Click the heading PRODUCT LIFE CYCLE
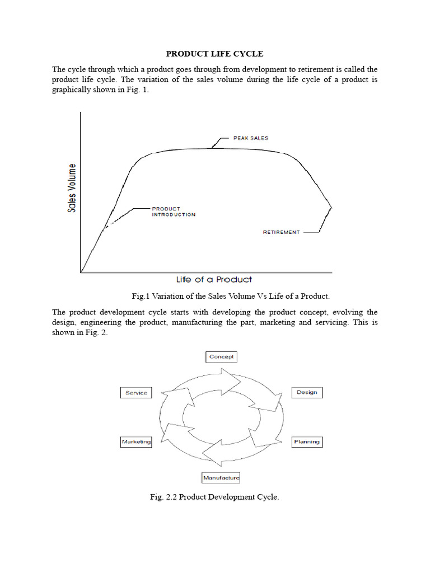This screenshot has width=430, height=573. pyautogui.click(x=214, y=54)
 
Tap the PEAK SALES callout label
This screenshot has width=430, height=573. pyautogui.click(x=250, y=138)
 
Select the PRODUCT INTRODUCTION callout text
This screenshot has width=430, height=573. pyautogui.click(x=174, y=212)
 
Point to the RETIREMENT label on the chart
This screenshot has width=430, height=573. pyautogui.click(x=281, y=232)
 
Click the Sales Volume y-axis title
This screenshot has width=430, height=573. pyautogui.click(x=72, y=188)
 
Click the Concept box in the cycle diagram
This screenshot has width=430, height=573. pyautogui.click(x=222, y=356)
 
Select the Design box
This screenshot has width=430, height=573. pyautogui.click(x=307, y=392)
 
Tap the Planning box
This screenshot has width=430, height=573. pyautogui.click(x=307, y=442)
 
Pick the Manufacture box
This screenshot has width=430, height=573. pyautogui.click(x=221, y=478)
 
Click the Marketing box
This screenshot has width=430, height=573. pyautogui.click(x=137, y=442)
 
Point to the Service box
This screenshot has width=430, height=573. pyautogui.click(x=137, y=392)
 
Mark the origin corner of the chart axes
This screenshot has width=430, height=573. pyautogui.click(x=81, y=273)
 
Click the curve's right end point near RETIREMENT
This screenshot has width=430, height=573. pyautogui.click(x=331, y=208)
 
